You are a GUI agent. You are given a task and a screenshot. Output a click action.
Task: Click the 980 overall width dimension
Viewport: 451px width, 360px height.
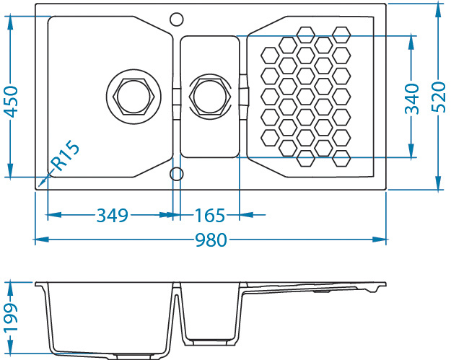pos(211,240)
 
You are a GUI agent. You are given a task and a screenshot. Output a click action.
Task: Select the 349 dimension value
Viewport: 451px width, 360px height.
pos(112,215)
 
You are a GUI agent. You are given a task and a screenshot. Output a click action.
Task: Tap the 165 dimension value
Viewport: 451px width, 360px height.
pos(210,215)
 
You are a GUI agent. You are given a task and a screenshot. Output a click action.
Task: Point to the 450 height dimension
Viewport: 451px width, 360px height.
pos(12,102)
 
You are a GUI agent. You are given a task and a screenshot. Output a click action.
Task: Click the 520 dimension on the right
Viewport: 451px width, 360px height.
pos(439,97)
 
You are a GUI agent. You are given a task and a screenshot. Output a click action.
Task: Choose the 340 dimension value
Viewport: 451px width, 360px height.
pos(412,98)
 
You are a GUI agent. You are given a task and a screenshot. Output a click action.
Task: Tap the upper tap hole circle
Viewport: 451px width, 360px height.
pos(176,19)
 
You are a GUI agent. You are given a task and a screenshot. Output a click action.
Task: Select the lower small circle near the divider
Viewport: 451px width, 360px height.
pos(176,174)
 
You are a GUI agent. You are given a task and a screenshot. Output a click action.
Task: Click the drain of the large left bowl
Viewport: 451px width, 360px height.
pos(133,97)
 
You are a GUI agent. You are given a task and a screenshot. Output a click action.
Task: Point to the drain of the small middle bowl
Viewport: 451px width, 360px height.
pos(210,97)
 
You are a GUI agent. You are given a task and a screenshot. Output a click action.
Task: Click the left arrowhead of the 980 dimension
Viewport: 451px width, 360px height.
pos(42,240)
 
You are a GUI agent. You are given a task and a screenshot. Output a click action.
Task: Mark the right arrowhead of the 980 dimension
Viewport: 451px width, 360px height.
pos(379,240)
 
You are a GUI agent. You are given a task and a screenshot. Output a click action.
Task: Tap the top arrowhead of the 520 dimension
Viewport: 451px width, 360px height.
pos(438,10)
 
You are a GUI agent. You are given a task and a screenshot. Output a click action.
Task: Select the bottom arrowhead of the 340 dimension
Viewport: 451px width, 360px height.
pos(411,150)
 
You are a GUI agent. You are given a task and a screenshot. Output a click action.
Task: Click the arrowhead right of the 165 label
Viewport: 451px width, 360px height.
pos(247,214)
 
